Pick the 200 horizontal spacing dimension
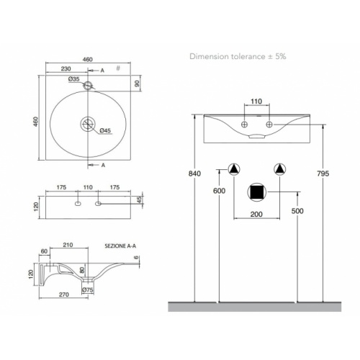click(x=257, y=215)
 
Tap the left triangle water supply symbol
click(x=233, y=170)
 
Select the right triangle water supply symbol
click(x=281, y=170)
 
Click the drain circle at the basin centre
click(x=89, y=123)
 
